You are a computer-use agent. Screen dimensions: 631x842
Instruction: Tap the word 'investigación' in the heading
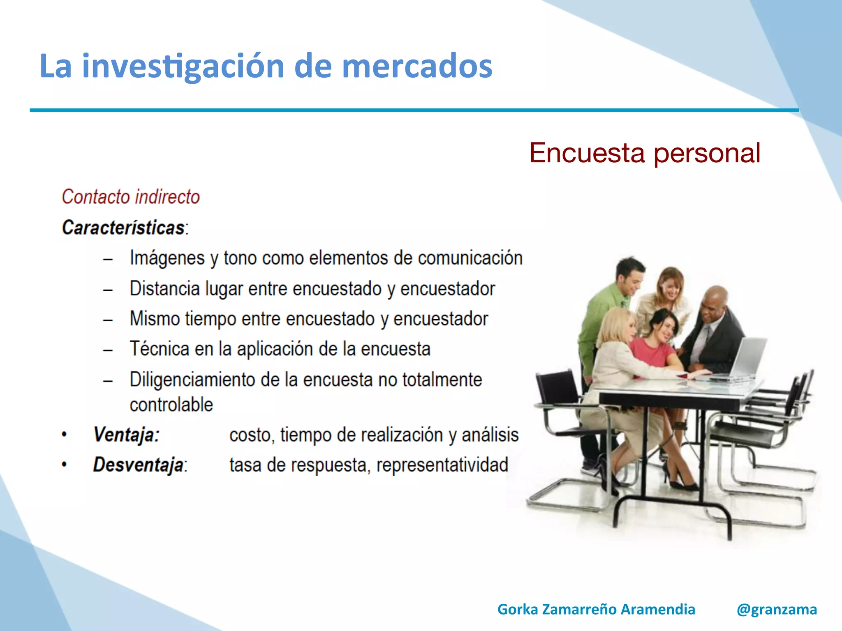pyautogui.click(x=183, y=67)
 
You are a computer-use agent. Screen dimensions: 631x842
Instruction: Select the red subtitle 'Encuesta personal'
pyautogui.click(x=644, y=153)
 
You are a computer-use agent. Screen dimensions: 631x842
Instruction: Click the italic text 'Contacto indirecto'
pyautogui.click(x=131, y=197)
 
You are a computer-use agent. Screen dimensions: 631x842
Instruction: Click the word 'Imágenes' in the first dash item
pyautogui.click(x=167, y=258)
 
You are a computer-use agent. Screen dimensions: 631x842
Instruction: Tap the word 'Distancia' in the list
pyautogui.click(x=164, y=289)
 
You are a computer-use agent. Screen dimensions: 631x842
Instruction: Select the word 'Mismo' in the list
pyautogui.click(x=155, y=319)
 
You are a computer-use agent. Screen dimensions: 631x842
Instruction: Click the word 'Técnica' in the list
pyautogui.click(x=160, y=349)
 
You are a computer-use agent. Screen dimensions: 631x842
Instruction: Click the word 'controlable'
pyautogui.click(x=171, y=405)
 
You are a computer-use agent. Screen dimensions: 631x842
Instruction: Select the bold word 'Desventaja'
pyautogui.click(x=138, y=465)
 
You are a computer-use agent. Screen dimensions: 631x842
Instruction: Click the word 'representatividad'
pyautogui.click(x=442, y=465)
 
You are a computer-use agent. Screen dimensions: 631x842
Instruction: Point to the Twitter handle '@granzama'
pyautogui.click(x=777, y=609)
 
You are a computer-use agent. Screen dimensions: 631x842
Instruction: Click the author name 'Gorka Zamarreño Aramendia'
pyautogui.click(x=596, y=609)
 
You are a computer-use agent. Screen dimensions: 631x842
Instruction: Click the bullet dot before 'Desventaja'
pyautogui.click(x=64, y=465)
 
